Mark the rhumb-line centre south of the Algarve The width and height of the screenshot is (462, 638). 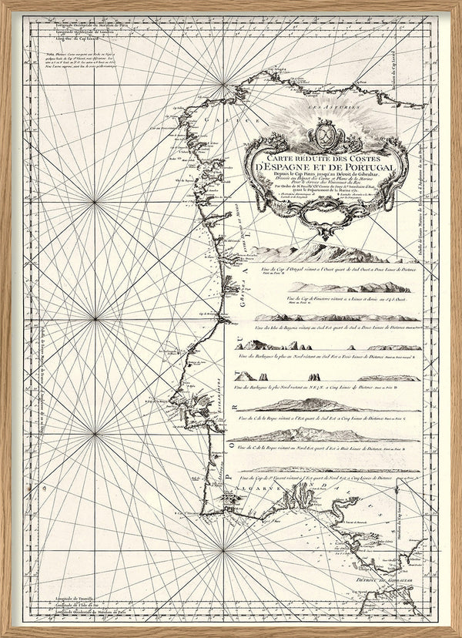223,550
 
